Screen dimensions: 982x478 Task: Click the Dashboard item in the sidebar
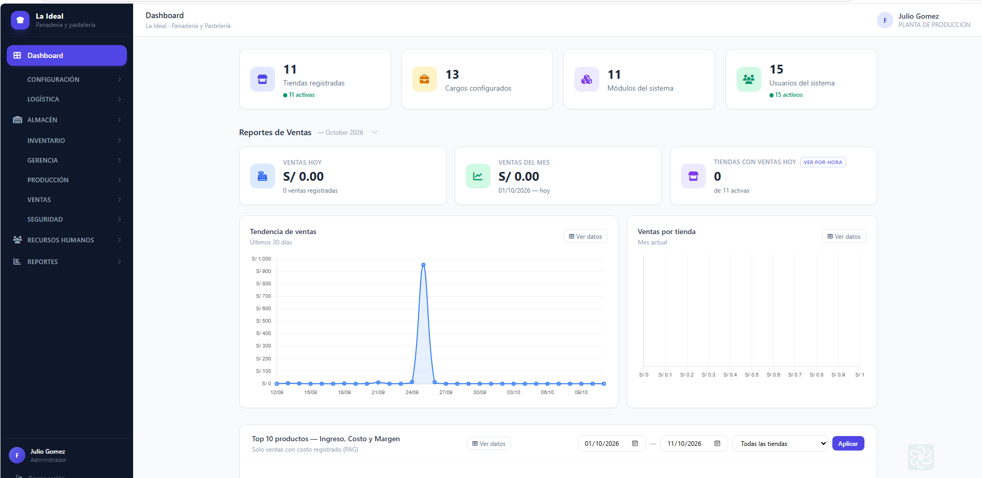click(x=67, y=55)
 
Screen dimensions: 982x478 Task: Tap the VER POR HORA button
click(x=822, y=162)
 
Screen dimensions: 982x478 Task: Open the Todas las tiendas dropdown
click(x=780, y=443)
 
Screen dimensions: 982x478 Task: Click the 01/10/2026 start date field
click(x=612, y=443)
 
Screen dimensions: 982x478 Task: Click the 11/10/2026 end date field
click(x=694, y=443)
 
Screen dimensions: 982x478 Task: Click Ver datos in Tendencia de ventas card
click(x=585, y=237)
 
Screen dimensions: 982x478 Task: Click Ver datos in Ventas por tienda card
click(x=844, y=237)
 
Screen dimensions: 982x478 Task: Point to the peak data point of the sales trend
click(x=423, y=265)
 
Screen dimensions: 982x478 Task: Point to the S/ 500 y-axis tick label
click(x=263, y=321)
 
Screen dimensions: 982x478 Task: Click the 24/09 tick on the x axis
click(x=412, y=393)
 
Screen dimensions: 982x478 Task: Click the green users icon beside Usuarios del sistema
click(x=748, y=79)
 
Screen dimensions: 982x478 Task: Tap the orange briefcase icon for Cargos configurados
click(x=424, y=79)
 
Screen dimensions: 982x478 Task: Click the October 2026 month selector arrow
click(x=374, y=132)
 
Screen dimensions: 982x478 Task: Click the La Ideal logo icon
click(x=20, y=20)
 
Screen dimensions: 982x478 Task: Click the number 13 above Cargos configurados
click(x=452, y=75)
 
